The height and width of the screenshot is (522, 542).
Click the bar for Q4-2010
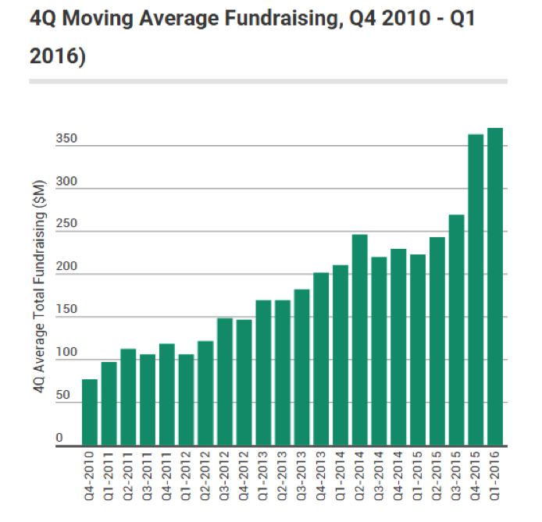coord(90,414)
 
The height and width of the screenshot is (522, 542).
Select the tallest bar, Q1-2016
coord(495,289)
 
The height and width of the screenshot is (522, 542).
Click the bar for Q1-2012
coord(186,402)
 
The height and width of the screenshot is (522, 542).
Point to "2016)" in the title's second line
coord(57,56)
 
